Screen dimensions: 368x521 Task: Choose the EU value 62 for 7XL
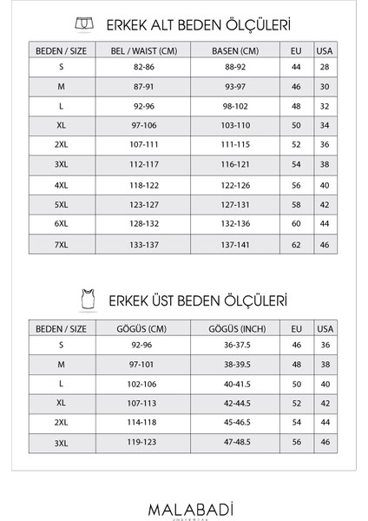[x=297, y=244]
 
